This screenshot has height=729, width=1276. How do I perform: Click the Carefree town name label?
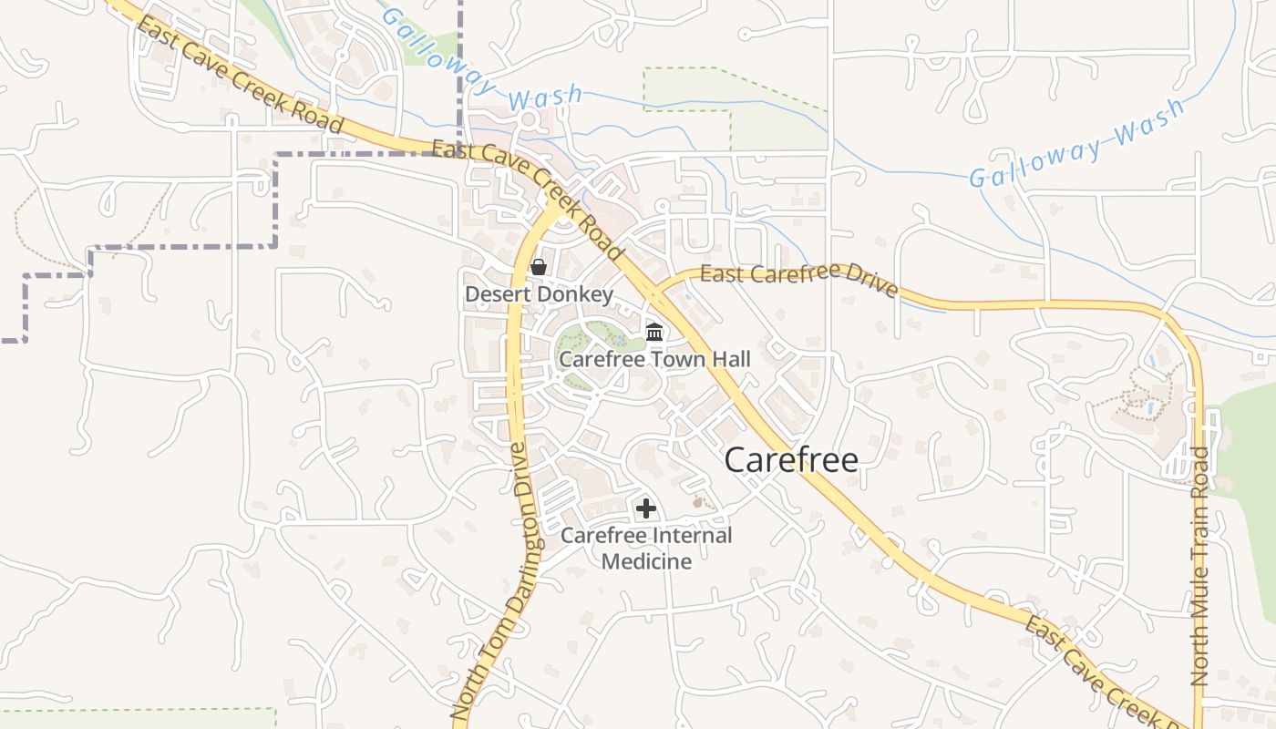[x=791, y=460]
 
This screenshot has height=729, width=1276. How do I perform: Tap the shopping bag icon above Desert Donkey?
[x=539, y=267]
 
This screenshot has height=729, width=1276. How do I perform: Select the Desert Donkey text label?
[x=539, y=294]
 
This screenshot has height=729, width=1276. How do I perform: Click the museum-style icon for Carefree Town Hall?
[x=654, y=332]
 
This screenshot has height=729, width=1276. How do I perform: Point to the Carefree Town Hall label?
[x=654, y=359]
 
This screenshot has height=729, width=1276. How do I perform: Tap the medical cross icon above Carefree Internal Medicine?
[x=646, y=508]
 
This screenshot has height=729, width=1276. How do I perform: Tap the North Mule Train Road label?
[x=1200, y=565]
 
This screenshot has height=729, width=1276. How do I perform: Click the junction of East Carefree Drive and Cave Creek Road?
[x=654, y=293]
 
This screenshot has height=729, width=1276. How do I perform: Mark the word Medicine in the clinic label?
[x=646, y=561]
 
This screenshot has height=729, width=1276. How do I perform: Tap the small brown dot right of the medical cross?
[x=698, y=501]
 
